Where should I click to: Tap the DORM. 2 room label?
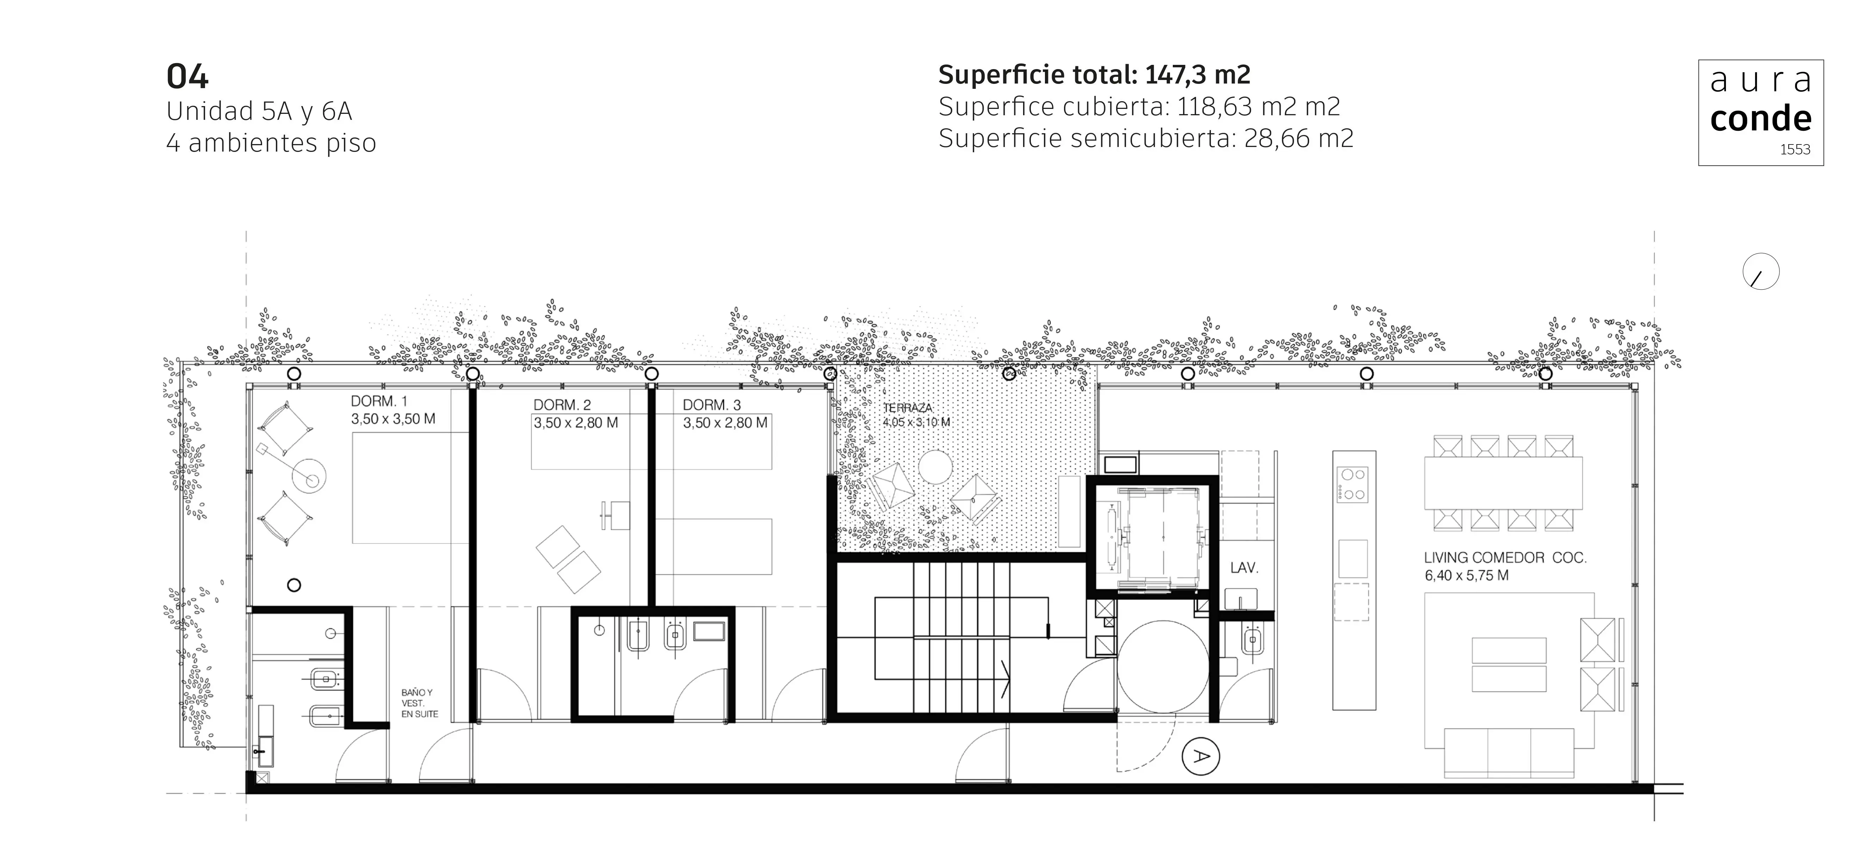[562, 405]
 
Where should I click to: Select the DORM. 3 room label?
[712, 405]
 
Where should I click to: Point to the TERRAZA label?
[908, 408]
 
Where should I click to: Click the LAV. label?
[1244, 567]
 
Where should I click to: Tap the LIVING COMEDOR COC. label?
[1505, 558]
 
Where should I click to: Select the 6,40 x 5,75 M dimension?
[1466, 575]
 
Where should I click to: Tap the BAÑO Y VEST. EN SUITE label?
[420, 704]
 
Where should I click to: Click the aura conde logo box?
[1761, 113]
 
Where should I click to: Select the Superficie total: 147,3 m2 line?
[1094, 74]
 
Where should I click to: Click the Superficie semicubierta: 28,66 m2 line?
[1146, 138]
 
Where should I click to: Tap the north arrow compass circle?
[1761, 272]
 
